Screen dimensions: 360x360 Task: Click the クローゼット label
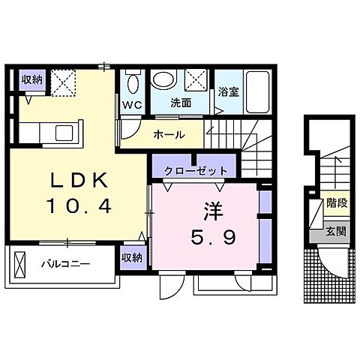click(x=195, y=171)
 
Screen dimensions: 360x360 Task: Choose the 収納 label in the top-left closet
click(x=31, y=79)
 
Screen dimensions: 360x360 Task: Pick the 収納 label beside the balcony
click(x=132, y=258)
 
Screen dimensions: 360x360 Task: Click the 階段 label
click(x=336, y=203)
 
